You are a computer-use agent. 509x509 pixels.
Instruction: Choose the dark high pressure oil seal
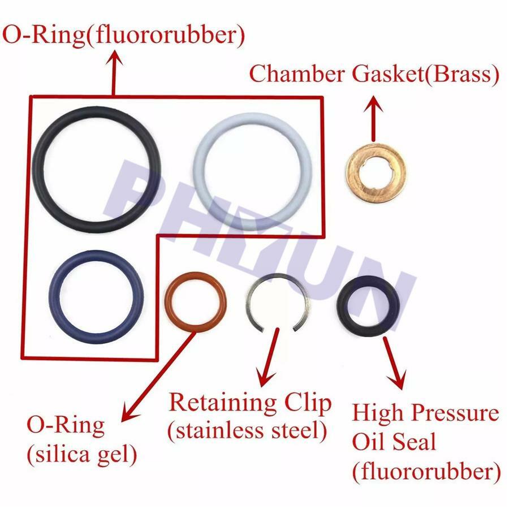click(343, 307)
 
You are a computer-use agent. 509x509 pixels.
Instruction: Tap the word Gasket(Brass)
click(425, 74)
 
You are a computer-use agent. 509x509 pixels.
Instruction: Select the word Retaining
click(223, 403)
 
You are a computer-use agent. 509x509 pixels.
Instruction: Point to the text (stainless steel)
click(247, 431)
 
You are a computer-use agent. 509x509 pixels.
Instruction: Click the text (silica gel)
click(82, 455)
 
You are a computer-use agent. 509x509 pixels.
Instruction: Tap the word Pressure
click(456, 413)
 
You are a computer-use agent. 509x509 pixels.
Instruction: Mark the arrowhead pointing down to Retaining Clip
click(265, 378)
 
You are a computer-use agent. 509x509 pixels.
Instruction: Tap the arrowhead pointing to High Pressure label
click(398, 380)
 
